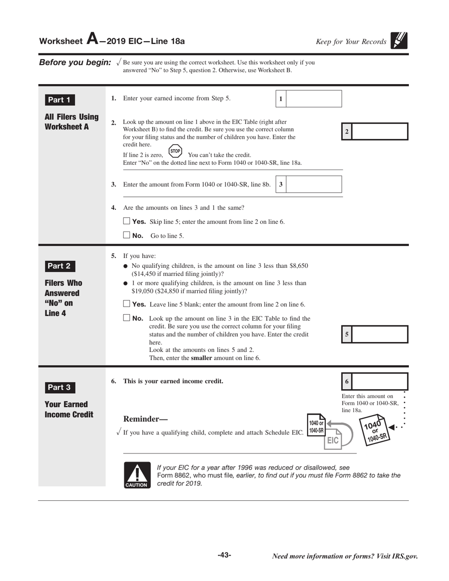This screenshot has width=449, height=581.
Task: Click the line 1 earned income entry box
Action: pos(314,99)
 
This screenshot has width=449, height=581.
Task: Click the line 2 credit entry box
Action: pos(380,131)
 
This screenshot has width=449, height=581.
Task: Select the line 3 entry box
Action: pos(314,184)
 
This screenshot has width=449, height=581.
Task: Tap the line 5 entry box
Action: pos(380,334)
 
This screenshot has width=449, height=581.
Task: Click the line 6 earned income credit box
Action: pos(380,382)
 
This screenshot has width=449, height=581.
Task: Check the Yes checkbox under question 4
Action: pos(126,221)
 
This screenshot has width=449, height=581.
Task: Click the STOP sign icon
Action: pos(175,152)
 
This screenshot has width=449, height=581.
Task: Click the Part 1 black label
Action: pos(60,100)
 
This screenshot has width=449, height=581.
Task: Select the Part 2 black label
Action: pos(60,265)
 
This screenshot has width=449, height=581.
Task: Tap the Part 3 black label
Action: pos(60,387)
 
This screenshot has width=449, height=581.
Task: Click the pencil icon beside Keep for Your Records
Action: pos(399,41)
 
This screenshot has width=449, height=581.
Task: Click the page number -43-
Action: pos(224,555)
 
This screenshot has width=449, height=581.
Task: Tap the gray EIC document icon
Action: pos(333,440)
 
